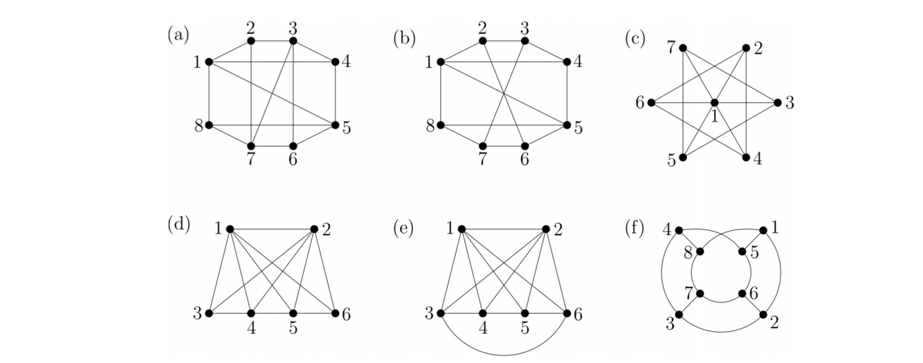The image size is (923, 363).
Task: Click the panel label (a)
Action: click(178, 35)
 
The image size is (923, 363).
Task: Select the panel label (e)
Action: click(403, 230)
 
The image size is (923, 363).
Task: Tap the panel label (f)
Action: click(634, 230)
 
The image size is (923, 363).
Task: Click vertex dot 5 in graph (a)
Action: click(336, 125)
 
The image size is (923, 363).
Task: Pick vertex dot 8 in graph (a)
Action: click(209, 125)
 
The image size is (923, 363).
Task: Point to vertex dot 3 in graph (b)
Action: click(525, 41)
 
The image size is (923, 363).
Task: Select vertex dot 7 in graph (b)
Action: click(483, 146)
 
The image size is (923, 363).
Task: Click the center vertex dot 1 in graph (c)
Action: click(715, 102)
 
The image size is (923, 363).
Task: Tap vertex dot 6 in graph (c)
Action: click(651, 102)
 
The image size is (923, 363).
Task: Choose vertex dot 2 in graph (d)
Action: click(315, 230)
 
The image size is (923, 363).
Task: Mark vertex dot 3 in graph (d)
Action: click(209, 313)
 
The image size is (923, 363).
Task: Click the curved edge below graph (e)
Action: click(504, 355)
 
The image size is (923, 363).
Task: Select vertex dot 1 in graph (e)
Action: click(461, 230)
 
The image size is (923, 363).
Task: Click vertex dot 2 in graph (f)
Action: click(764, 315)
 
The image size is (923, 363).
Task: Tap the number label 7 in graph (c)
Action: click(671, 46)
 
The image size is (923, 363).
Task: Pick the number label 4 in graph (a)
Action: click(346, 61)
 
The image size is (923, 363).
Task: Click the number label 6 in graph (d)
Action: click(346, 314)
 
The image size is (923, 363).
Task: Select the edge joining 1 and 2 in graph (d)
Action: click(272, 230)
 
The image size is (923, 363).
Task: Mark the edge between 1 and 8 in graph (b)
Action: click(441, 93)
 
